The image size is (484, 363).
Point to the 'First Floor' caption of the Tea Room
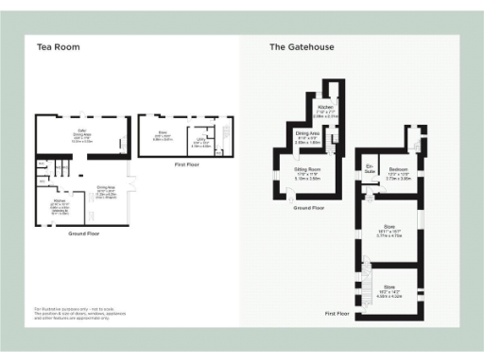186,164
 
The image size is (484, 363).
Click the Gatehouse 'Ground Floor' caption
309,207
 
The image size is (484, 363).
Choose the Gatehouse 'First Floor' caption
338,312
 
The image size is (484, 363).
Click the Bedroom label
399,173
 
